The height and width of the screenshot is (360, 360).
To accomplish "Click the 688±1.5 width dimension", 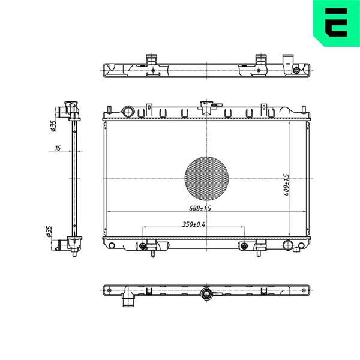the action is point(200,208).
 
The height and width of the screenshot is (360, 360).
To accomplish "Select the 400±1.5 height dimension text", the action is point(286,185).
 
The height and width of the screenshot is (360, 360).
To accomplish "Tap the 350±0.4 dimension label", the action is point(194,224).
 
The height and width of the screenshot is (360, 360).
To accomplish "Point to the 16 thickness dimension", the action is point(58,148).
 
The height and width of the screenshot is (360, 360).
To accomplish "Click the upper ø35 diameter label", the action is point(53,126).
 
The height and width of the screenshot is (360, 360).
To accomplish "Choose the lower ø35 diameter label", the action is point(49,231).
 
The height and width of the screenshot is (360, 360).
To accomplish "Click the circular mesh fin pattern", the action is point(206,179).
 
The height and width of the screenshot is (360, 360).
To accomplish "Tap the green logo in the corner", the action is point(337,23).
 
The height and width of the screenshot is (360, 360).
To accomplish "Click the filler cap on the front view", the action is point(206,107).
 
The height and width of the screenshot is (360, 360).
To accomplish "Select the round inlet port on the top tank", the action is point(128,112).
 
